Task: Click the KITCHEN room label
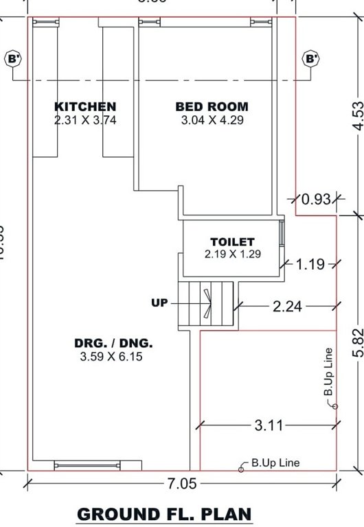pos(85,106)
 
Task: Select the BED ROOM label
pos(212,106)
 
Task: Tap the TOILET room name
pos(232,242)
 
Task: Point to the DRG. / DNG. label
pos(114,344)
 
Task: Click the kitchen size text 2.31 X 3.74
pos(85,119)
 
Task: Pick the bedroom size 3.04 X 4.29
pos(212,119)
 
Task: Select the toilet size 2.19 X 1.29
pos(232,254)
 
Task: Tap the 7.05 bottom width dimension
pos(182,484)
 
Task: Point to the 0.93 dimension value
pos(316,200)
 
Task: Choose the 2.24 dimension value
pos(287,307)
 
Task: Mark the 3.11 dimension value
pos(269,425)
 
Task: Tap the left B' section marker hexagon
pos(14,59)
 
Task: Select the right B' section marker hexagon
pos(312,59)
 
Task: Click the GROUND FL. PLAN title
pos(164,514)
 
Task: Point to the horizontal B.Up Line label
pos(275,463)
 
